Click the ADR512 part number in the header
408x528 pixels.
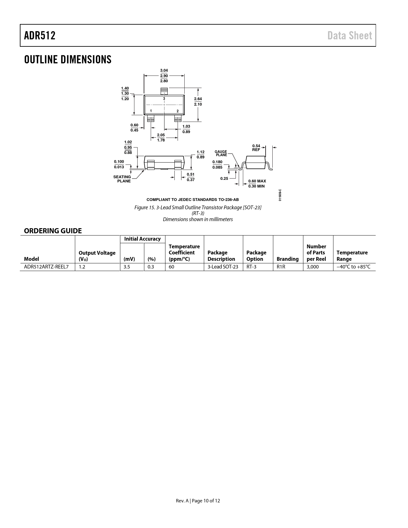pos(40,36)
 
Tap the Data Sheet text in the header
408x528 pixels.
pos(349,36)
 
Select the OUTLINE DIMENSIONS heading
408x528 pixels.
pos(68,60)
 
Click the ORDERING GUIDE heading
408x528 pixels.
pos(53,231)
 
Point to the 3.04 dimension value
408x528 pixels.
pos(164,70)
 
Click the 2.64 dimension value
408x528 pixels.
pos(198,99)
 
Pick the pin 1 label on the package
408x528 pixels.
pos(150,111)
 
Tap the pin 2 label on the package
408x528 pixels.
pos(177,111)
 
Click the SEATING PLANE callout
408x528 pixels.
pos(122,179)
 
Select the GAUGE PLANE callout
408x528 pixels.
pos(221,153)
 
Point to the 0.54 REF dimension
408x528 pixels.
pos(256,148)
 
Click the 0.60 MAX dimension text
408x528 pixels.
pos(257,181)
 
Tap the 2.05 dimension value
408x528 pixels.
pos(161,135)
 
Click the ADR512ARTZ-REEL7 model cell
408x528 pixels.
pos(46,267)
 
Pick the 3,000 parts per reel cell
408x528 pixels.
pos(313,267)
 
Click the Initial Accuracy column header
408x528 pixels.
pos(142,239)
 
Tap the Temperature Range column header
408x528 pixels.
pos(352,256)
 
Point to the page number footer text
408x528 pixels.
pos(198,501)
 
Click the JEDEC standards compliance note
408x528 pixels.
pos(193,200)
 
